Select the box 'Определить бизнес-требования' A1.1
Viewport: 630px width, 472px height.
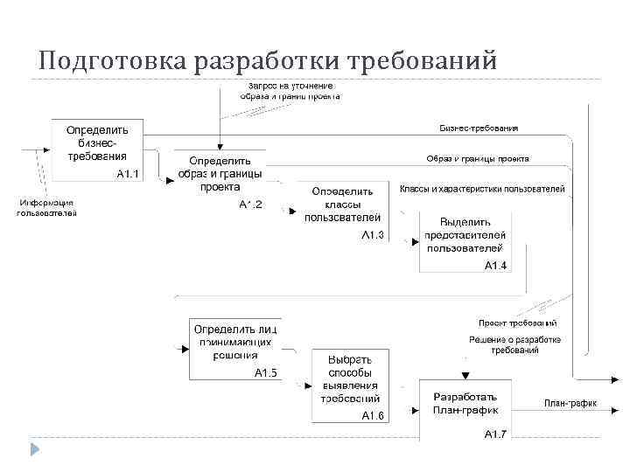[97, 149]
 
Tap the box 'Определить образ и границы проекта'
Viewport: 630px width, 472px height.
[220, 179]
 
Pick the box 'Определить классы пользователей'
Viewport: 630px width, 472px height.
[343, 211]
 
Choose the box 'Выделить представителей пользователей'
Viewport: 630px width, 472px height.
[465, 240]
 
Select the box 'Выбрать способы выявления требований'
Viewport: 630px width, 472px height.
[350, 384]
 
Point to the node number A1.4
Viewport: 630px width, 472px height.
[495, 266]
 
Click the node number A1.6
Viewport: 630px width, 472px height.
[373, 415]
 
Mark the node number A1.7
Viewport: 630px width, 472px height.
[495, 434]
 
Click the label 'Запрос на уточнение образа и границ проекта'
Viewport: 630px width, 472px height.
[290, 90]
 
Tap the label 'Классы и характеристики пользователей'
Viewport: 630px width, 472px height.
[482, 189]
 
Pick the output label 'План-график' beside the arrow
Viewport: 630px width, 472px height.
[570, 403]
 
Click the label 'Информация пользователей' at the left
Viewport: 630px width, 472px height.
[47, 207]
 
